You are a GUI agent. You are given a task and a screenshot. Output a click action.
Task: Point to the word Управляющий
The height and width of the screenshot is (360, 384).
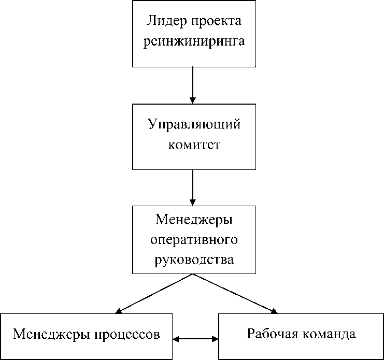point(194,125)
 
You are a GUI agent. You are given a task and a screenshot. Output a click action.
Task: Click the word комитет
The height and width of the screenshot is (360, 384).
point(194,145)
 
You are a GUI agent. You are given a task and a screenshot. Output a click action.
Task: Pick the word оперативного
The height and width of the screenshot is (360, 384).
point(194,240)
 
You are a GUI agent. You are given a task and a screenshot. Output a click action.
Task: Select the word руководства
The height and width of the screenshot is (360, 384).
point(194,260)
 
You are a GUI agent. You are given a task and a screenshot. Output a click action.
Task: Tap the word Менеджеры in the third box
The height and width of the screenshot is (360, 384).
point(194,220)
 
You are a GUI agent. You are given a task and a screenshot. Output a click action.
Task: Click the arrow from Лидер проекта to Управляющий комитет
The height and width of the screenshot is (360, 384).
point(193,85)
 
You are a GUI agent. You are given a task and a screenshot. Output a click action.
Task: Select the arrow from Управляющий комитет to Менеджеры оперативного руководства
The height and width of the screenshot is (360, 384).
point(193,188)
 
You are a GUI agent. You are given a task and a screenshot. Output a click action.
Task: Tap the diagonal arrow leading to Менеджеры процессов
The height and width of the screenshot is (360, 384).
point(154,294)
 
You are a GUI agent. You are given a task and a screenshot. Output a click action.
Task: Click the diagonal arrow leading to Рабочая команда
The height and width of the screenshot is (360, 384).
point(236,294)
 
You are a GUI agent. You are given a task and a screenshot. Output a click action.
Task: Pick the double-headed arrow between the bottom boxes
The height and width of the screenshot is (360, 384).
point(195,339)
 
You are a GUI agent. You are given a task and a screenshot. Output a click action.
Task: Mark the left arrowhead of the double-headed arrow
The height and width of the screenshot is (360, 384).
point(176,339)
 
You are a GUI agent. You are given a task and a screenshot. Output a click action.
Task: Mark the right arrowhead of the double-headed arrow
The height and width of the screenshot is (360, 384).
point(215,339)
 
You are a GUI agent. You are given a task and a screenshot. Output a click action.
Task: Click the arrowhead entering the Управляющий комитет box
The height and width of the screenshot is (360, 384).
point(193,100)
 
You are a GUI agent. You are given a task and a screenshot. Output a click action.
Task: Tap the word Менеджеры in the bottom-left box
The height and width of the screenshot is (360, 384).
point(51,335)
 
